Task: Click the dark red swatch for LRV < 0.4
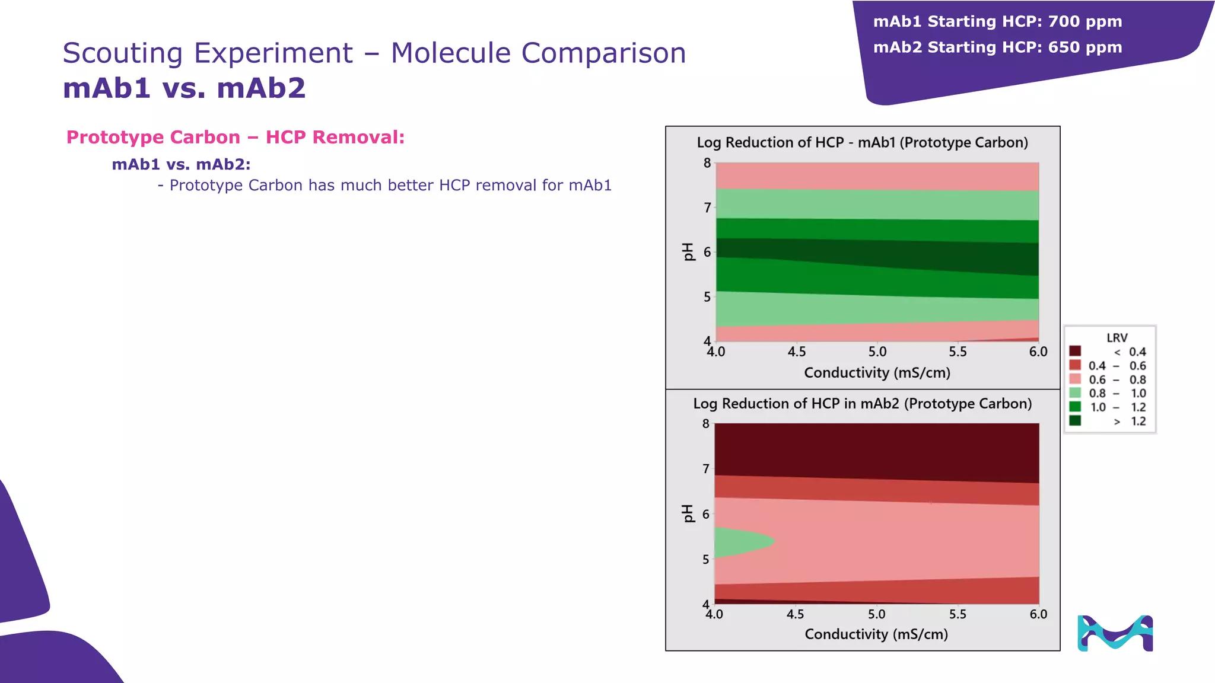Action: pos(1075,351)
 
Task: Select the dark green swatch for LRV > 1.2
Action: pos(1075,420)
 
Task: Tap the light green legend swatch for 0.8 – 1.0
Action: pos(1075,392)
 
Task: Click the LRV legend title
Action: pos(1117,337)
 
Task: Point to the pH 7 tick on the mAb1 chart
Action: pos(707,208)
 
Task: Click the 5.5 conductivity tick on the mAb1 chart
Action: pos(958,352)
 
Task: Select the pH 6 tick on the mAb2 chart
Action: pos(706,514)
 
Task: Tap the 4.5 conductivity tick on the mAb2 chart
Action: pos(795,614)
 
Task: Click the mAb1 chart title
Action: pos(862,142)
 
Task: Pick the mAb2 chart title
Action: pos(862,404)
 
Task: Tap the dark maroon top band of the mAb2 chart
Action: pos(877,448)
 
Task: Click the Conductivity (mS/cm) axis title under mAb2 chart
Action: pos(876,634)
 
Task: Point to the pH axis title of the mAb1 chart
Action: pos(688,251)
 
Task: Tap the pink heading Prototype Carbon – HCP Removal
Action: pos(236,137)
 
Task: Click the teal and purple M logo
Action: pos(1115,633)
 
